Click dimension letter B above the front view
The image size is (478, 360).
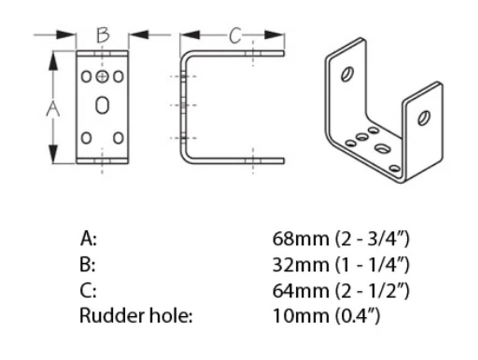click(x=103, y=36)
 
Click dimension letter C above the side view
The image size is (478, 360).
click(x=234, y=37)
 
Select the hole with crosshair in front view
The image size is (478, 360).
click(x=102, y=76)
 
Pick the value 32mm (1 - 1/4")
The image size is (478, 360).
click(x=341, y=265)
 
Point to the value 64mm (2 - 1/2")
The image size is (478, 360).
click(x=341, y=291)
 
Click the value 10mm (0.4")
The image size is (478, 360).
click(x=326, y=316)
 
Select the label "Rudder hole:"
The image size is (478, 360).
click(x=136, y=316)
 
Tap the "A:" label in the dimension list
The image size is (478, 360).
click(x=89, y=240)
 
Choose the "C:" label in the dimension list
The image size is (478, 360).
click(x=88, y=291)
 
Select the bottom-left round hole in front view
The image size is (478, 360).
click(x=86, y=137)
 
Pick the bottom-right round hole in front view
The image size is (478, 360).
click(x=118, y=137)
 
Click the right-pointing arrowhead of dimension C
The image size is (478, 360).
click(x=274, y=35)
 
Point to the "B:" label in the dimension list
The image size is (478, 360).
click(x=88, y=265)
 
